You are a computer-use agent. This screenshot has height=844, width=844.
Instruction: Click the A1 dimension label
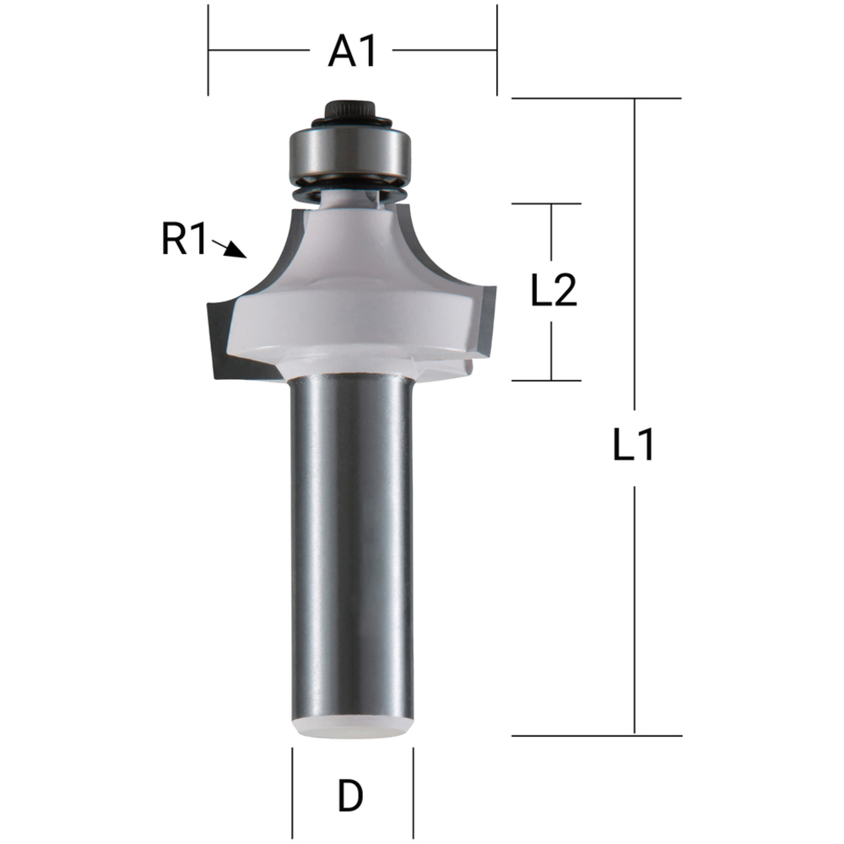pos(352,51)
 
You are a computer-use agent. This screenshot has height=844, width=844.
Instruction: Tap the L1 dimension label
pos(634,445)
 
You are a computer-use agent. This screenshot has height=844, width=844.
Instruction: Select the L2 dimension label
pos(553,292)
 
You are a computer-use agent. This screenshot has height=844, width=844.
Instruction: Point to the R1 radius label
pos(183,242)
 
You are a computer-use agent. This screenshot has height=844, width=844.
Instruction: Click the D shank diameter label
pos(351,795)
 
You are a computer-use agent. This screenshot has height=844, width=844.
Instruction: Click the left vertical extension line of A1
pos(208,51)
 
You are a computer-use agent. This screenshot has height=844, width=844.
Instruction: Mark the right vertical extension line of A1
pos(497,51)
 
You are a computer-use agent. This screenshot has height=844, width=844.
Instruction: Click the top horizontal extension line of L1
pos(596,99)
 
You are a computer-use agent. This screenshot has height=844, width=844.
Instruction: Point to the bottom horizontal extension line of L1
pos(596,735)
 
